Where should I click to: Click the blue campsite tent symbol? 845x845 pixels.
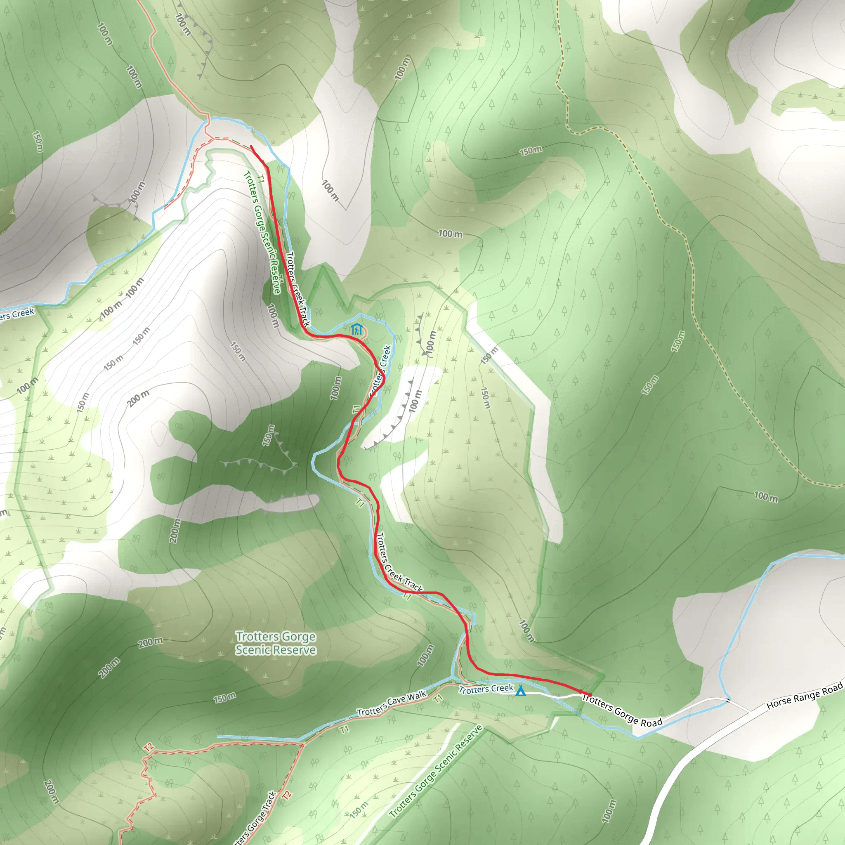(x=520, y=691)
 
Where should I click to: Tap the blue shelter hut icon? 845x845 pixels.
(x=357, y=329)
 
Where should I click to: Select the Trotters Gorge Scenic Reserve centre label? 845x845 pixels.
(x=276, y=643)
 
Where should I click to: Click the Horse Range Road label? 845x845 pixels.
(x=804, y=696)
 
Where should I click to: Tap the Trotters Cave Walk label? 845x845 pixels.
(x=392, y=703)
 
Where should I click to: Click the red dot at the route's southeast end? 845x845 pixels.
(x=590, y=694)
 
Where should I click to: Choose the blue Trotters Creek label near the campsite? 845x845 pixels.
(x=486, y=689)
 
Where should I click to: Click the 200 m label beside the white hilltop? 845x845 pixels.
(x=138, y=398)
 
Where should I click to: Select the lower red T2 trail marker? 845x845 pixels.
(x=287, y=794)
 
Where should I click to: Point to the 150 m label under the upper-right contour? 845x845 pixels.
(x=531, y=151)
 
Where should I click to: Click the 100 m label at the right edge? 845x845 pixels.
(x=766, y=496)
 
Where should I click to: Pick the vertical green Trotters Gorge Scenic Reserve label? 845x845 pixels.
(x=262, y=232)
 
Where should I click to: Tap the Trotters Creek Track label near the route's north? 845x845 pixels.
(x=298, y=289)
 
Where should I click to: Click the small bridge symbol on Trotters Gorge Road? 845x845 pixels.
(x=728, y=701)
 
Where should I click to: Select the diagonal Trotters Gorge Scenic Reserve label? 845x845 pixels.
(x=436, y=771)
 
